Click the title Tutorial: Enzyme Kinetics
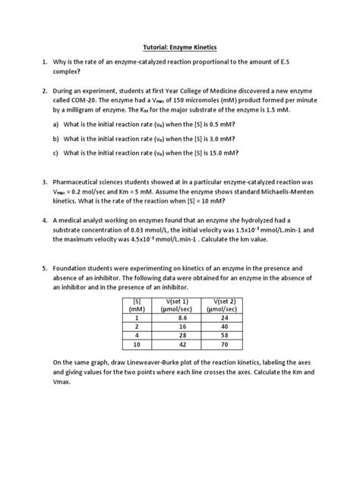pyautogui.click(x=179, y=46)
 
